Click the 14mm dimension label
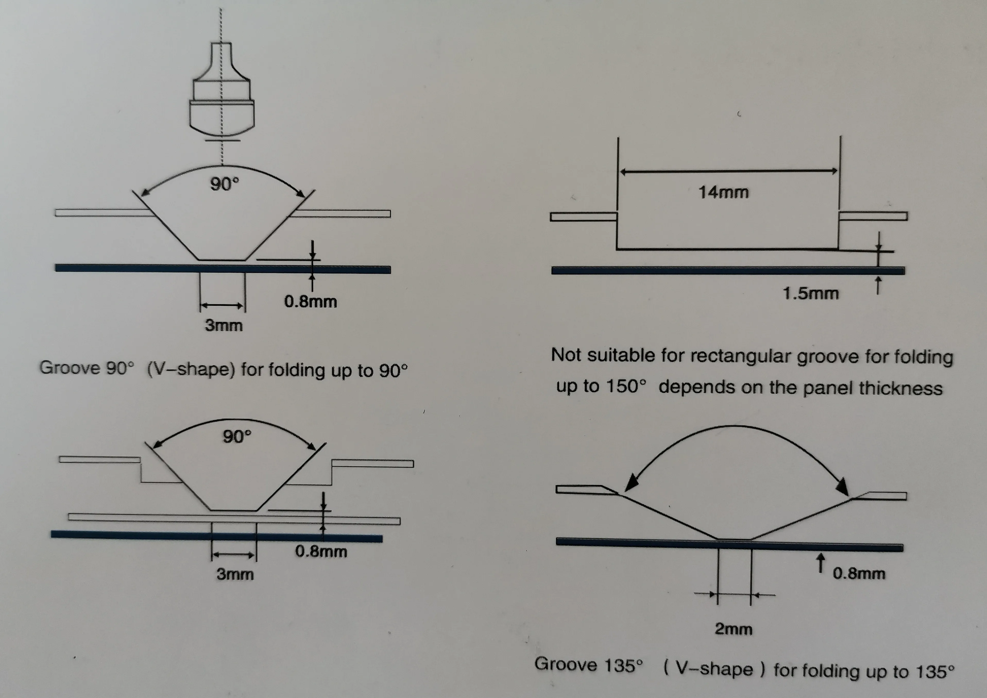[724, 192]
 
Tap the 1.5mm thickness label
[810, 294]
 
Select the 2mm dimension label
[733, 629]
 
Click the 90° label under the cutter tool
[224, 184]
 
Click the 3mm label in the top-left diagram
[224, 325]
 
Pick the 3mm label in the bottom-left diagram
[235, 574]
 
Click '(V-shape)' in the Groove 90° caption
[191, 369]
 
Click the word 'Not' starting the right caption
[567, 355]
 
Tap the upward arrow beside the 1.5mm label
[878, 286]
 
